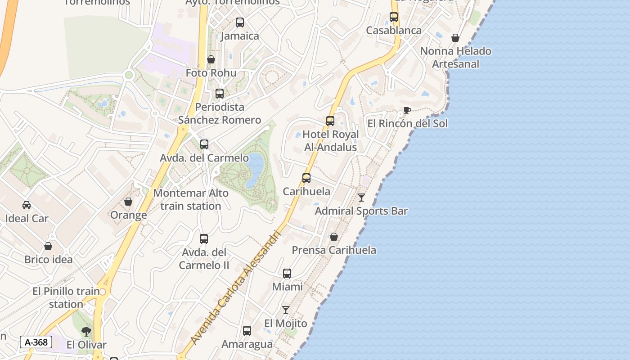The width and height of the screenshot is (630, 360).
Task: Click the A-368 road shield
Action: (36, 342)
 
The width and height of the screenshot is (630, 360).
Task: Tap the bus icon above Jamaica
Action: (240, 22)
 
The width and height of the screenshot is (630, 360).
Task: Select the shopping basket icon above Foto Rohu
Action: (211, 59)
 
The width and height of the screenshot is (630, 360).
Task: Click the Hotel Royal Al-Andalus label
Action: (330, 141)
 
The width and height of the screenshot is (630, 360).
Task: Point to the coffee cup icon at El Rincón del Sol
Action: (407, 110)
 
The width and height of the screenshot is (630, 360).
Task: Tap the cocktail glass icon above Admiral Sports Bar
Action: (361, 198)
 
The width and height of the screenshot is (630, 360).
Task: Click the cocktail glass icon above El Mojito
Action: (286, 310)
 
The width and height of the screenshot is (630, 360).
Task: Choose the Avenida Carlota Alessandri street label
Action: (238, 288)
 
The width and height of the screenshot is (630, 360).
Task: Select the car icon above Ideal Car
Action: (27, 205)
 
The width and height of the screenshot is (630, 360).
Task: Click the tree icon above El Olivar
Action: (86, 332)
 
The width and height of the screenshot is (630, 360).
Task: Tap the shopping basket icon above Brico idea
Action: (48, 246)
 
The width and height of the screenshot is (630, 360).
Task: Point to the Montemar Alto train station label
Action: (191, 199)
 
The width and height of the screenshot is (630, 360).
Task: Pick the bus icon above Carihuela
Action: (306, 178)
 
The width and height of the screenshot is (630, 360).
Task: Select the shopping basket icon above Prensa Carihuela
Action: (334, 237)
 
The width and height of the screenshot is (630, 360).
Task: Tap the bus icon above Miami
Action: (287, 273)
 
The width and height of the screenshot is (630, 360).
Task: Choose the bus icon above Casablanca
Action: (394, 17)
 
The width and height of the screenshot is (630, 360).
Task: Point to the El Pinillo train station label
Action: (66, 297)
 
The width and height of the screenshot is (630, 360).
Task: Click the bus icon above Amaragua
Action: (247, 331)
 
